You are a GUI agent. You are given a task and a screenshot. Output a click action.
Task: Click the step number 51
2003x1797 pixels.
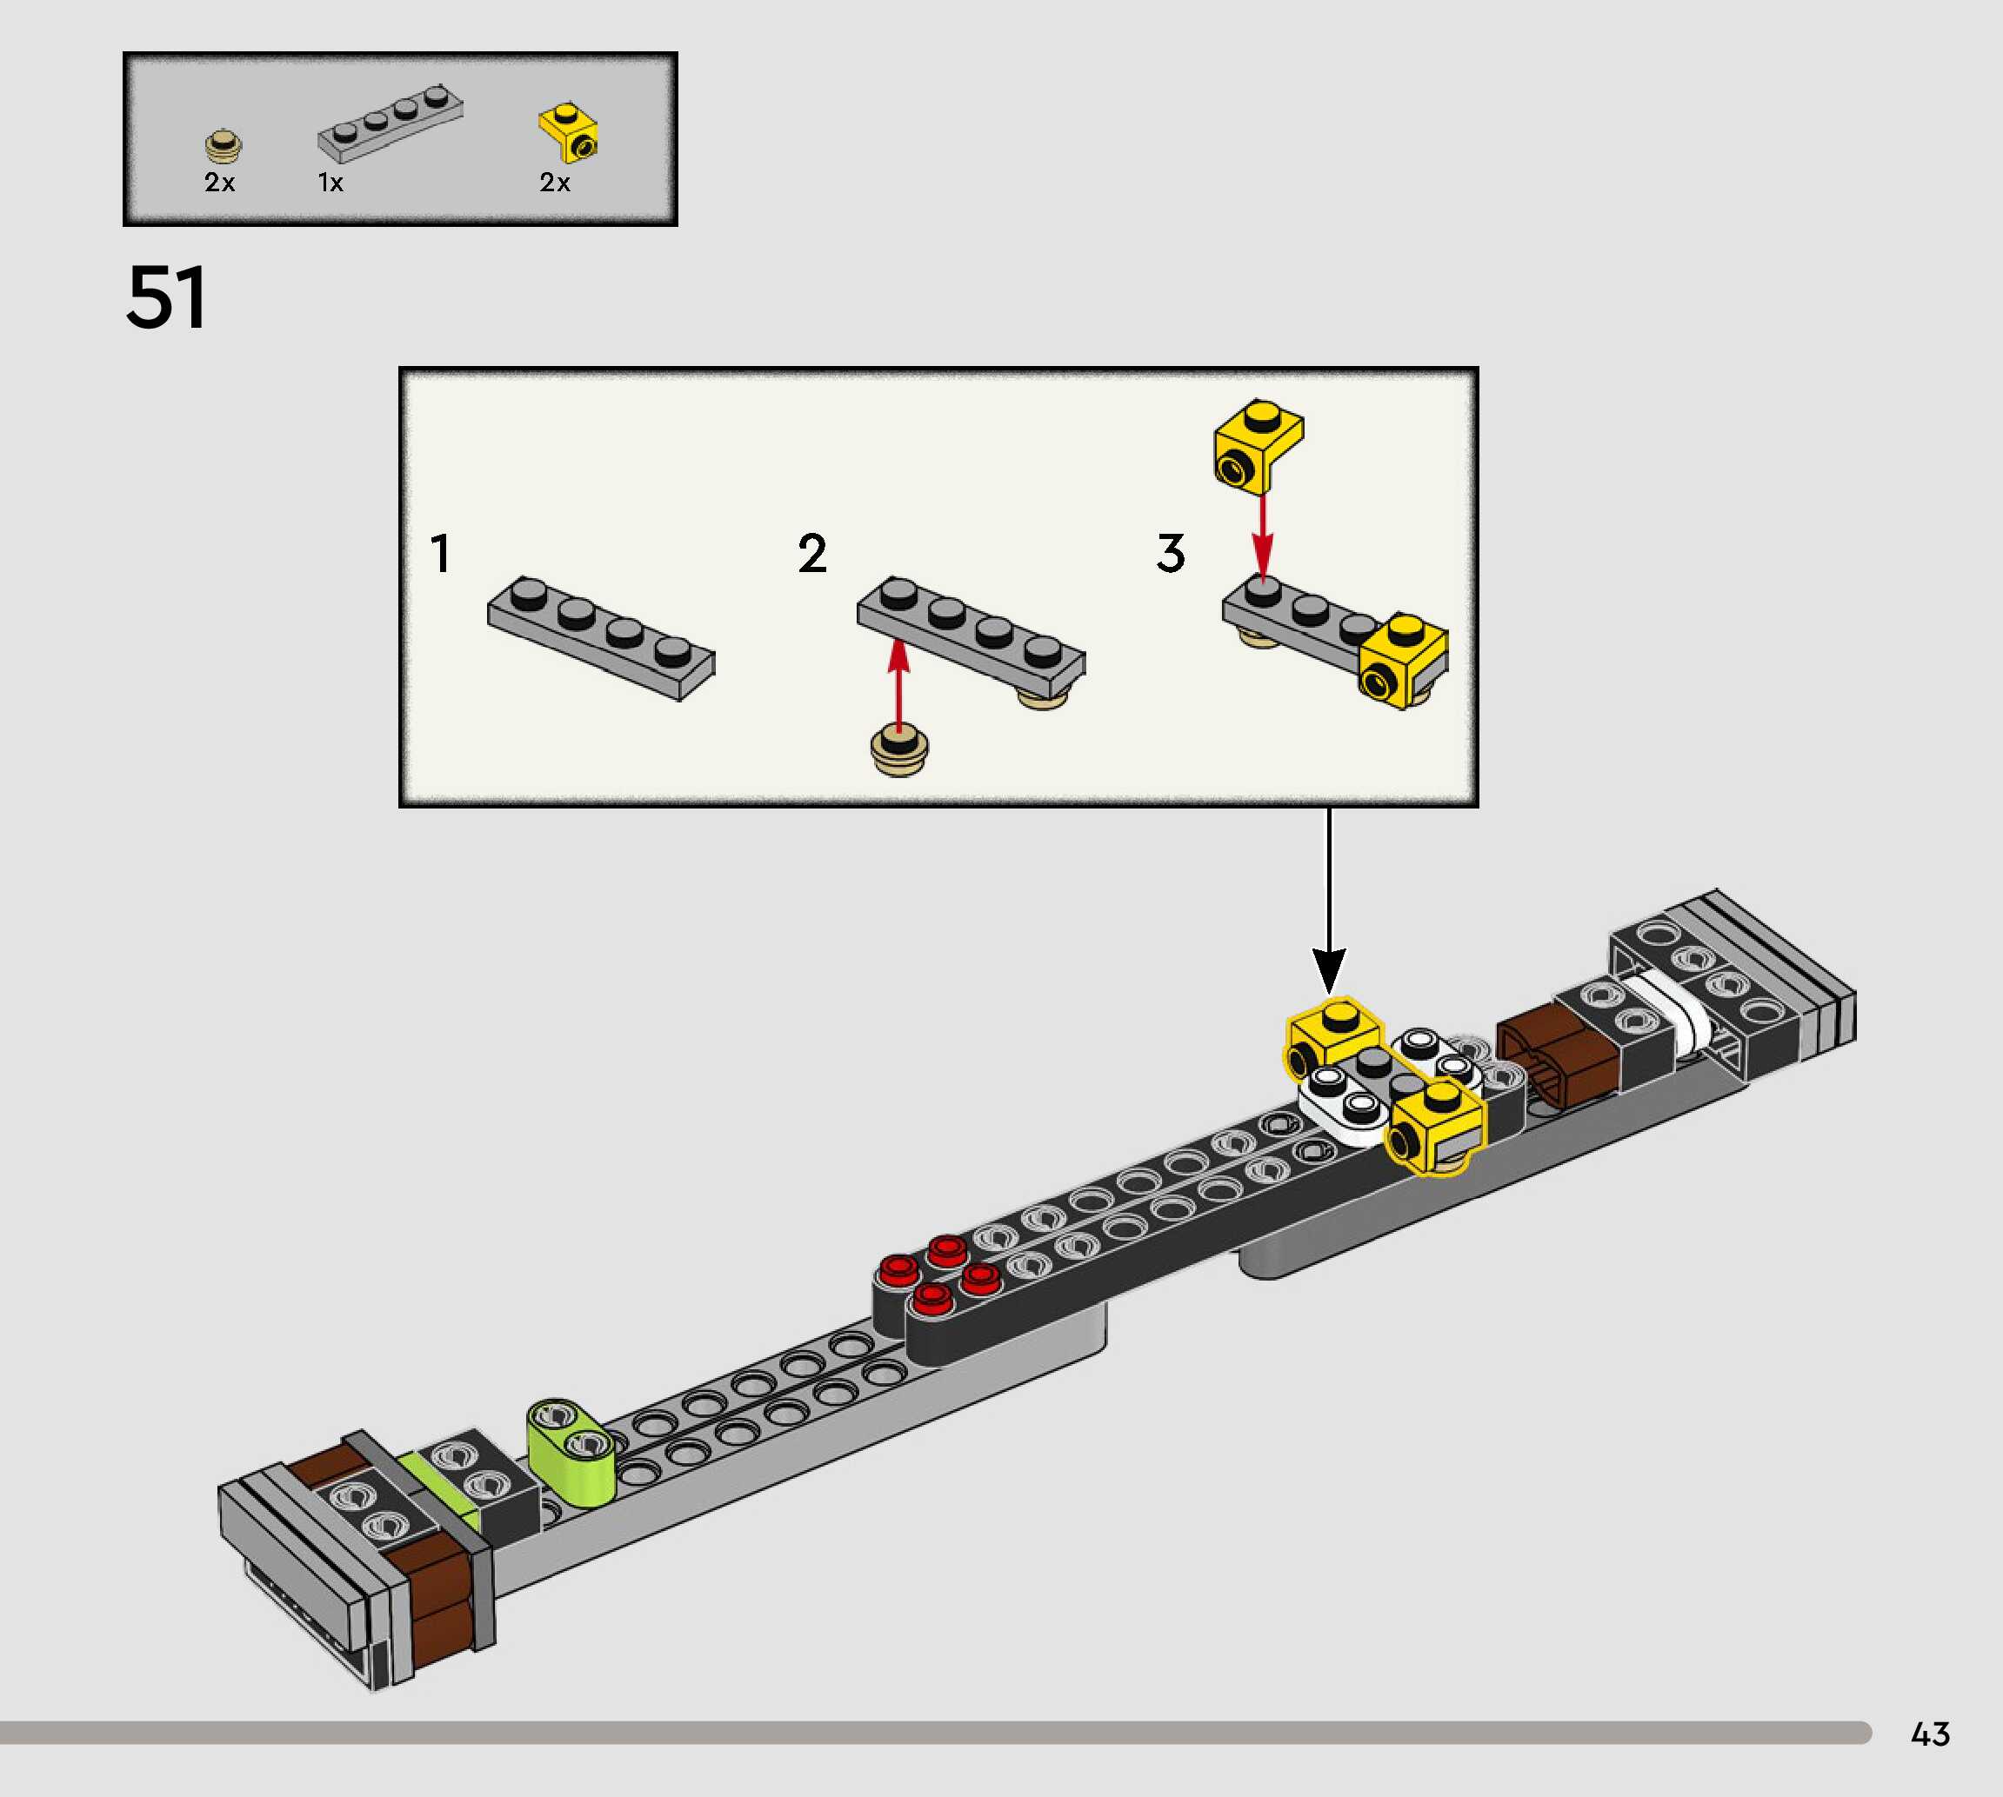(166, 297)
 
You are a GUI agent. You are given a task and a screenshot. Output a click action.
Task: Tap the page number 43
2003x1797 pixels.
(1930, 1734)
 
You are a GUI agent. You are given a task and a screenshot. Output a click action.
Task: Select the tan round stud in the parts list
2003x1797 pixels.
(224, 145)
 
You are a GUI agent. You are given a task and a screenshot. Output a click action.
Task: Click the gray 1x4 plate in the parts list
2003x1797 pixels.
(391, 124)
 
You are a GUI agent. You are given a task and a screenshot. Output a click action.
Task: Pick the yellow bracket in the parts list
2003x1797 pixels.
(569, 132)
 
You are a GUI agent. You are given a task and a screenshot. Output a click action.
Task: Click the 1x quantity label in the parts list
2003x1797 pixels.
(330, 183)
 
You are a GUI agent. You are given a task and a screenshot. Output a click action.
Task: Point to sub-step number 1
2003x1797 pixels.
(440, 553)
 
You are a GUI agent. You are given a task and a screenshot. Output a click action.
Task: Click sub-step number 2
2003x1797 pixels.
(811, 553)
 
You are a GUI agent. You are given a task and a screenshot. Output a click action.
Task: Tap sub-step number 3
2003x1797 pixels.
(1171, 553)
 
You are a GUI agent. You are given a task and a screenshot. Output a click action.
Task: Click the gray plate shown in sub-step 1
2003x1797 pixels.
(600, 637)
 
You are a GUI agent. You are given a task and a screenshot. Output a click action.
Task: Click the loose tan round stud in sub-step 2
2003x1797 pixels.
(898, 750)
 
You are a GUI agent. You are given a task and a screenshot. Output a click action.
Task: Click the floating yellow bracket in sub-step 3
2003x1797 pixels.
(1258, 445)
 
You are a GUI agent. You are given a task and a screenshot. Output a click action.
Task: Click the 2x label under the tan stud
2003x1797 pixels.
(219, 183)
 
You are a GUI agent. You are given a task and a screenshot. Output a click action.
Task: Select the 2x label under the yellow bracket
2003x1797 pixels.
(554, 183)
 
